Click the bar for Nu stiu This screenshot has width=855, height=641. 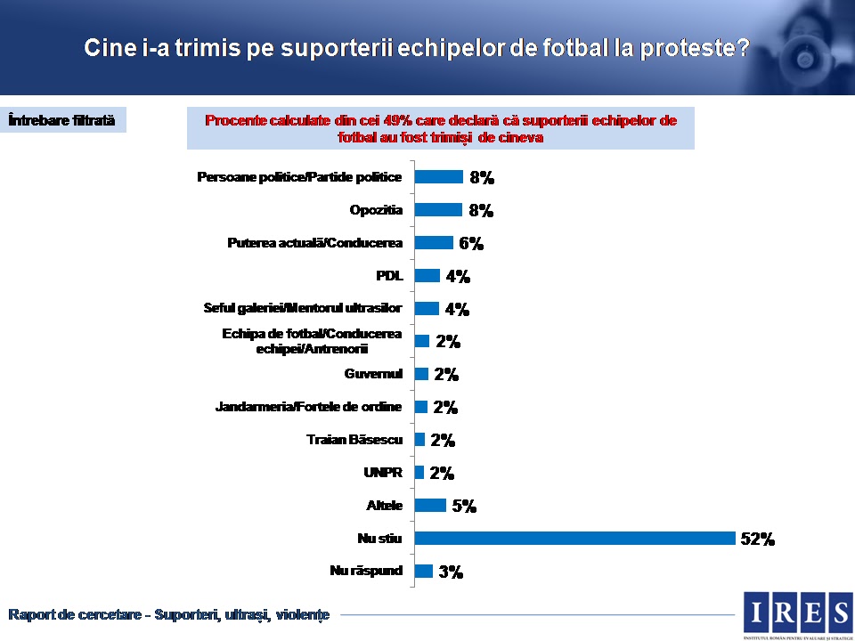click(574, 538)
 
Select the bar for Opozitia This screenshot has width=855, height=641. click(438, 210)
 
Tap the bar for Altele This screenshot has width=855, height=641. click(430, 506)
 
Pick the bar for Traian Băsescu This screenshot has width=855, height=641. click(419, 440)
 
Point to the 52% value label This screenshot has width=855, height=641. click(758, 539)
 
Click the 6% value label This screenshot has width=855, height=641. click(470, 244)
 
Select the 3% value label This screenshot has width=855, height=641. click(451, 572)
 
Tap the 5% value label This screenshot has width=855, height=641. click(463, 507)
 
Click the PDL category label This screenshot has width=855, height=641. click(389, 275)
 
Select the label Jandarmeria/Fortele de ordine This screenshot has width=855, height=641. click(308, 407)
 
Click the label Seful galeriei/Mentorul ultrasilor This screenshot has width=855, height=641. click(303, 308)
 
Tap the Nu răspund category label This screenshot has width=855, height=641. click(366, 571)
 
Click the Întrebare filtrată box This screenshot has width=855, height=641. click(62, 120)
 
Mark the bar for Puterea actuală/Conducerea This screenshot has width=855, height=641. click(434, 243)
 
